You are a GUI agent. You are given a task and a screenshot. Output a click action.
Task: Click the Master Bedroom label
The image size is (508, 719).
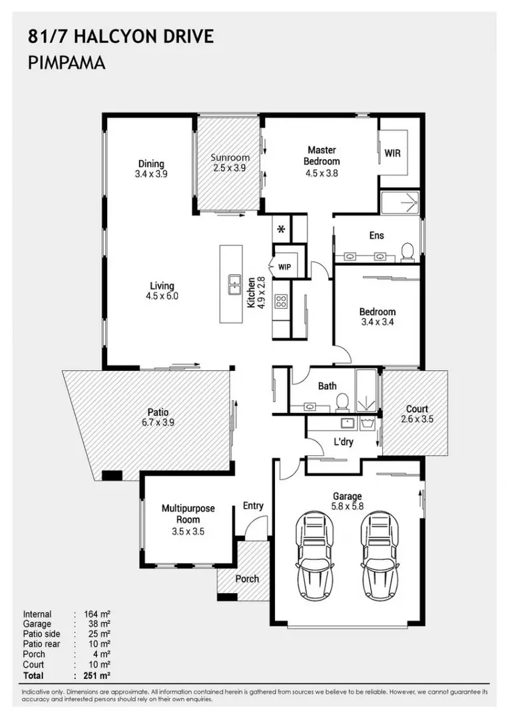322,155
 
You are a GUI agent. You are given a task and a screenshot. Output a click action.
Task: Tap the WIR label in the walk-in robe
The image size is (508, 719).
392,153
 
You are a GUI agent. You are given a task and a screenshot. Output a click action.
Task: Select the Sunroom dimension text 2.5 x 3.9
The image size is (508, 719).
229,168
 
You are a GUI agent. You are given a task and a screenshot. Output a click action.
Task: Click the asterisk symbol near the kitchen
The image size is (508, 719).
282,228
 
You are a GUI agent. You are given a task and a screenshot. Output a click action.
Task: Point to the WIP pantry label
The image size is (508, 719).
284,268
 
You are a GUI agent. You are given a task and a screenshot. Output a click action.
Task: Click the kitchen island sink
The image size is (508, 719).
235,285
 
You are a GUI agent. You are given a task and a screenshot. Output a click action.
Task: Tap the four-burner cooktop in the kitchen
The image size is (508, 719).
280,302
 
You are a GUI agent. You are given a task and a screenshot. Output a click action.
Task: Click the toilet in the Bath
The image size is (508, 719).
342,403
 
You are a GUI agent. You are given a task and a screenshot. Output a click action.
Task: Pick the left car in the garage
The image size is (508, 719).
314,556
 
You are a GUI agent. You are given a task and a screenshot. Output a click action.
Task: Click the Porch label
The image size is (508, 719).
247,579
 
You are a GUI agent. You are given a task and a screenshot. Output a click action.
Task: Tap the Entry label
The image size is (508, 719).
253,505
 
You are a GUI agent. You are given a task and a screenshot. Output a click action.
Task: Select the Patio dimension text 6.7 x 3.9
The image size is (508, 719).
158,422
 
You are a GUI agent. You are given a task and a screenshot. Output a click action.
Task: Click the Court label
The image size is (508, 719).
417,409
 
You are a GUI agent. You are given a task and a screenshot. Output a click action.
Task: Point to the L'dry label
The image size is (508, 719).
344,442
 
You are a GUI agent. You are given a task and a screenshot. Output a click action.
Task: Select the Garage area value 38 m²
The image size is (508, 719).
99,624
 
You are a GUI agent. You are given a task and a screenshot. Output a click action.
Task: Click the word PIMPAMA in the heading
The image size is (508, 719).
67,63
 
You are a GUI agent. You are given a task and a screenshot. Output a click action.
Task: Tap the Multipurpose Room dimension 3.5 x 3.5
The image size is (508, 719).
188,531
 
